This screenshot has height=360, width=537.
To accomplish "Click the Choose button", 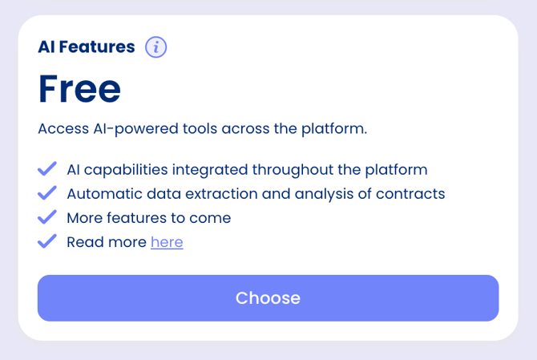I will click(x=268, y=298).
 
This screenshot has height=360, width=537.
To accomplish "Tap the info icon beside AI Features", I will click(x=155, y=47).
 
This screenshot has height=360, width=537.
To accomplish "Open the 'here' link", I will click(x=167, y=242).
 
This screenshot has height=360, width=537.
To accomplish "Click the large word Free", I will click(x=79, y=89).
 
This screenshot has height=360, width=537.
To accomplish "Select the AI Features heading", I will click(x=87, y=47).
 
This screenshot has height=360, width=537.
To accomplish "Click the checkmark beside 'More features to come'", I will click(x=47, y=217).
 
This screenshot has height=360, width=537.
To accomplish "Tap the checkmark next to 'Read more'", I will click(x=47, y=241).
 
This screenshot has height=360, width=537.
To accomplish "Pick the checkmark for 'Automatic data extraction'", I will click(x=47, y=193).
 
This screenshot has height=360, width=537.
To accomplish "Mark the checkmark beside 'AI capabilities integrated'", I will click(x=47, y=169).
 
